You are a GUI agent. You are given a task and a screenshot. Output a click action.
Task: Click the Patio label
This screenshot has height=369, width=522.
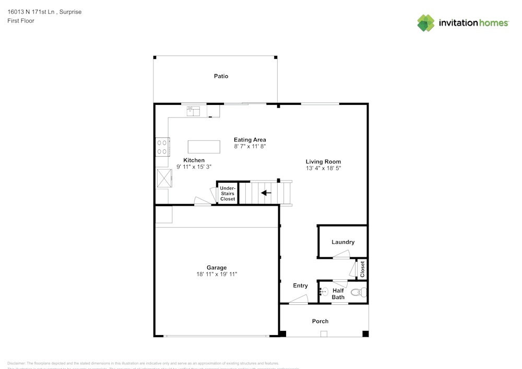pos(221,76)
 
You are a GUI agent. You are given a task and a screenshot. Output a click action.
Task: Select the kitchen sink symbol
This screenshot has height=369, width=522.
pos(194,111)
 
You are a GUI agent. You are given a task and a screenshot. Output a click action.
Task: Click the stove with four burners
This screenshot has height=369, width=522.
pos(162,146)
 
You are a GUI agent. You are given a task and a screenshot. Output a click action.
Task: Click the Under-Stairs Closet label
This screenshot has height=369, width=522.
pos(228,193)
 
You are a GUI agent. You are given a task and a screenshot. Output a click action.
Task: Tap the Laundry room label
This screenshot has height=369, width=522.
pos(343,242)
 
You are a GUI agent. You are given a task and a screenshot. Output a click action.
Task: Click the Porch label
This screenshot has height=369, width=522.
pos(320,321)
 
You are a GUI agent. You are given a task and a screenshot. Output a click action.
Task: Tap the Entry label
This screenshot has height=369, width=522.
pos(300,285)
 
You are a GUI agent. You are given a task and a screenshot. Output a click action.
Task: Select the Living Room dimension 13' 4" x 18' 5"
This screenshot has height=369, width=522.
pos(323,169)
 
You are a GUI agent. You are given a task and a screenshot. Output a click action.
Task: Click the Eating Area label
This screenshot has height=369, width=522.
pos(250,140)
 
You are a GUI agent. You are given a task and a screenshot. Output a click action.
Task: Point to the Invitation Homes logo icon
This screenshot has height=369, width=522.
pos(426,22)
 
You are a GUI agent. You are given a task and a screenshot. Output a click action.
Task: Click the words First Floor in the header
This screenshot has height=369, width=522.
pos(21,21)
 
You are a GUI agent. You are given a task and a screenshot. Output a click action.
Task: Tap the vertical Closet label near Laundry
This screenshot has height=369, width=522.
pos(362,269)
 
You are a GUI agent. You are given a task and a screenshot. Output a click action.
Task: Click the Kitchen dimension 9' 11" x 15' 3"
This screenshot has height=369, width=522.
pos(194,167)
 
